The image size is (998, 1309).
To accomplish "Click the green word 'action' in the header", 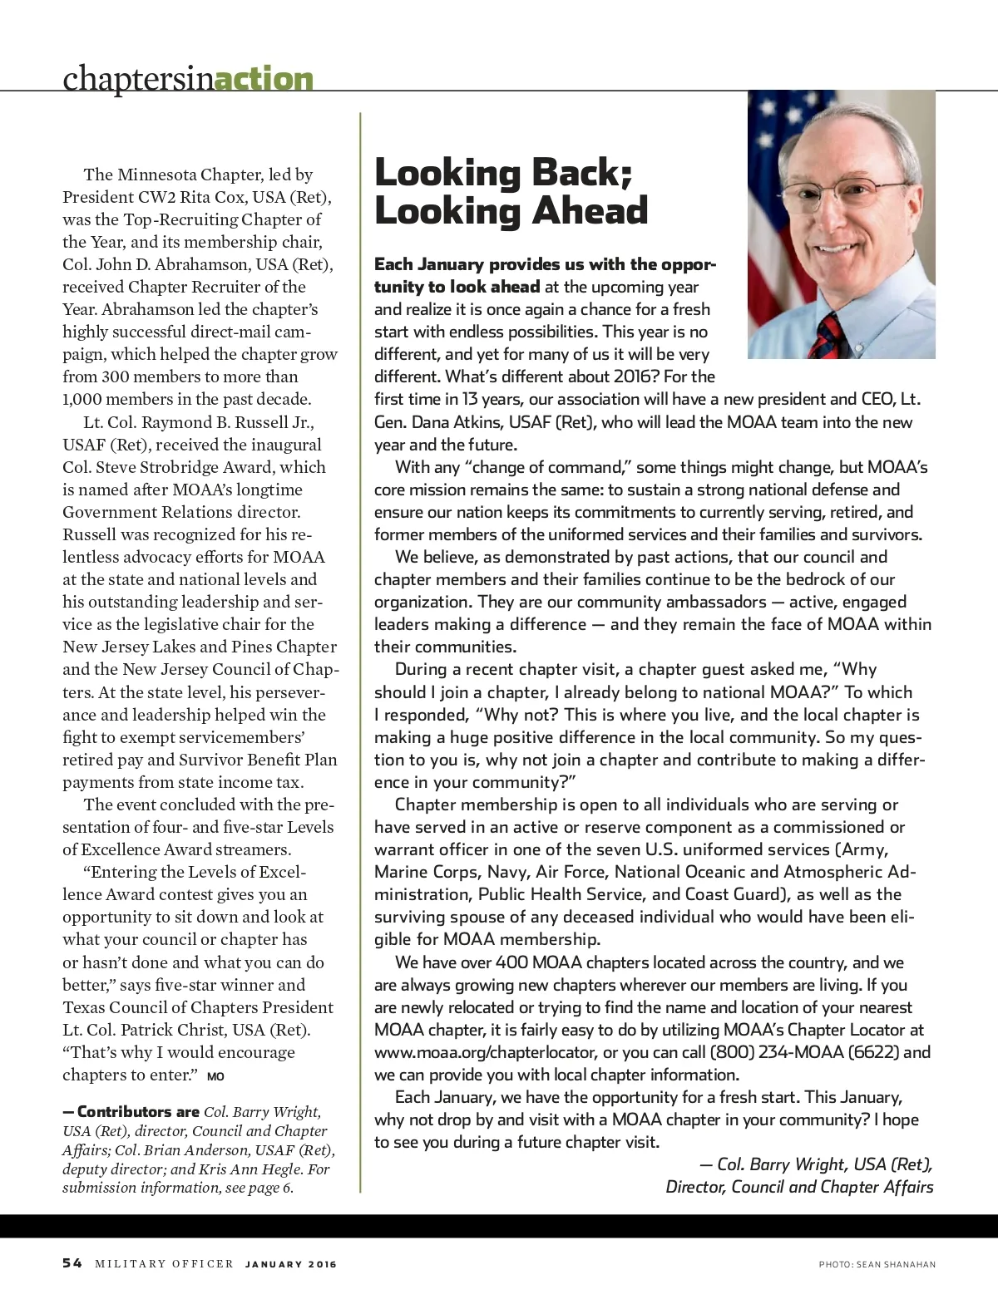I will point(264,79).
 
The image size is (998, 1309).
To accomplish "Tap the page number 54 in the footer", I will point(72,1263).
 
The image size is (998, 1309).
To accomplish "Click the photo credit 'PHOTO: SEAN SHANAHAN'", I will point(877,1264).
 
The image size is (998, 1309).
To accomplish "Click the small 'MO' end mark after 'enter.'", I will point(215,1076).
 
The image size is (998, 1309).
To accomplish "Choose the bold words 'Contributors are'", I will point(138,1112).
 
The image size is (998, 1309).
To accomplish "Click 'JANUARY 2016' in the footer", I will point(291,1264).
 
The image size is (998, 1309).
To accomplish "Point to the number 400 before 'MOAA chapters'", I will point(511,962).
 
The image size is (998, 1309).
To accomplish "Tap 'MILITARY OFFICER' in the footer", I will point(164,1264).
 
